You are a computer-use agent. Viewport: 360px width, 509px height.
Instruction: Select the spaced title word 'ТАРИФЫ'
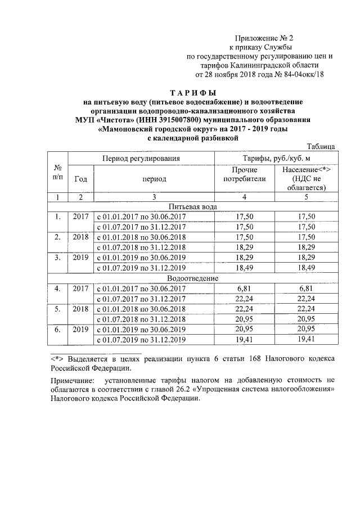click(x=193, y=92)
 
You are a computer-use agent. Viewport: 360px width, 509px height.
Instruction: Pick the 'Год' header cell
click(x=81, y=179)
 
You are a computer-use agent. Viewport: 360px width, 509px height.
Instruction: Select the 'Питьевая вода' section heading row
click(x=192, y=206)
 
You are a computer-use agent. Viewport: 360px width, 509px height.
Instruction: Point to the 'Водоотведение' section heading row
click(x=192, y=278)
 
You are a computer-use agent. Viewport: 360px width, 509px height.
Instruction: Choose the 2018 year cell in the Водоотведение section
click(x=81, y=309)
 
